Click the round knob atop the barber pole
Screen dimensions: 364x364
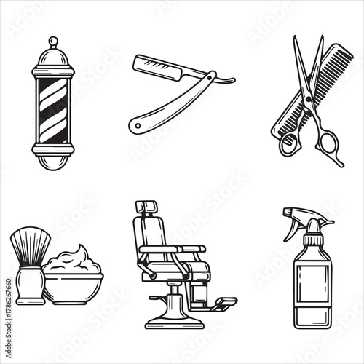click(53, 41)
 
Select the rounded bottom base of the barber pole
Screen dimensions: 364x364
click(53, 162)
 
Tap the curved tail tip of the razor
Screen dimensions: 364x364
click(232, 80)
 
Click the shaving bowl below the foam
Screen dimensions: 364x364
click(73, 288)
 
